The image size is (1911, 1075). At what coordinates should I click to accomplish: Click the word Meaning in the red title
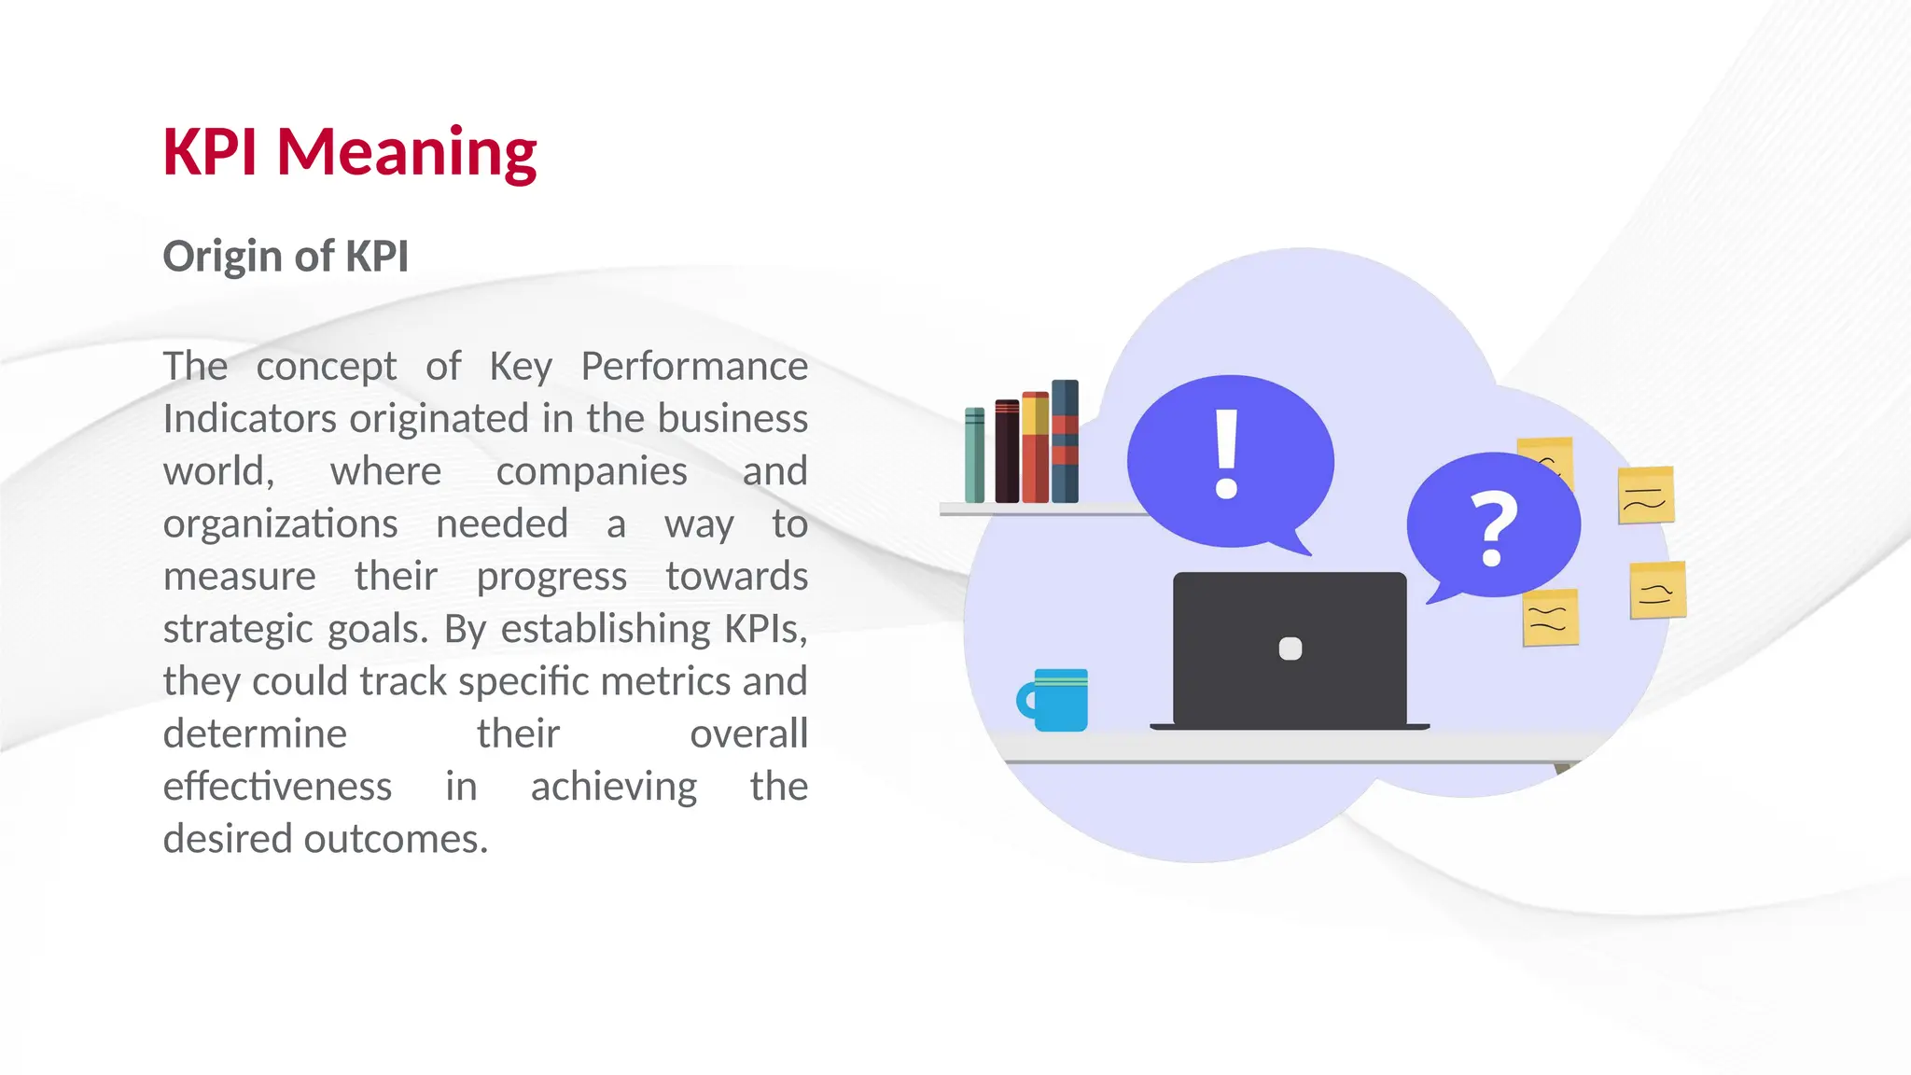[x=406, y=152]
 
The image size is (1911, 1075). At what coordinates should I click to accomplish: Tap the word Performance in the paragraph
[x=693, y=366]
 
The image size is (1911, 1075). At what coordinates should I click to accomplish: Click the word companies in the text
[x=592, y=471]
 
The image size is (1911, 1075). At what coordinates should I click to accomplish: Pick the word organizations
[x=280, y=524]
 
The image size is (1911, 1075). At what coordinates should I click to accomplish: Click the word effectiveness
[x=277, y=787]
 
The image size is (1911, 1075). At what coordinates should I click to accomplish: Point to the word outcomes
[x=396, y=839]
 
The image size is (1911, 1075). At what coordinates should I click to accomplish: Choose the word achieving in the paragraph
[x=613, y=787]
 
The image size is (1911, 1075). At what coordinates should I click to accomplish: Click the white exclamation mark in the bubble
[x=1226, y=454]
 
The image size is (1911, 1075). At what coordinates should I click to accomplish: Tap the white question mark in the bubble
[x=1493, y=529]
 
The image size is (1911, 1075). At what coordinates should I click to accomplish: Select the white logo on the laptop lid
[x=1290, y=649]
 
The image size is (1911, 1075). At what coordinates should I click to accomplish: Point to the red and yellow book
[x=1035, y=448]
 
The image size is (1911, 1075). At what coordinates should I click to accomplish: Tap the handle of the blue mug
[x=1025, y=700]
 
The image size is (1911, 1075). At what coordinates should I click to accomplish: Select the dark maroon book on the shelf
[x=1007, y=452]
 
